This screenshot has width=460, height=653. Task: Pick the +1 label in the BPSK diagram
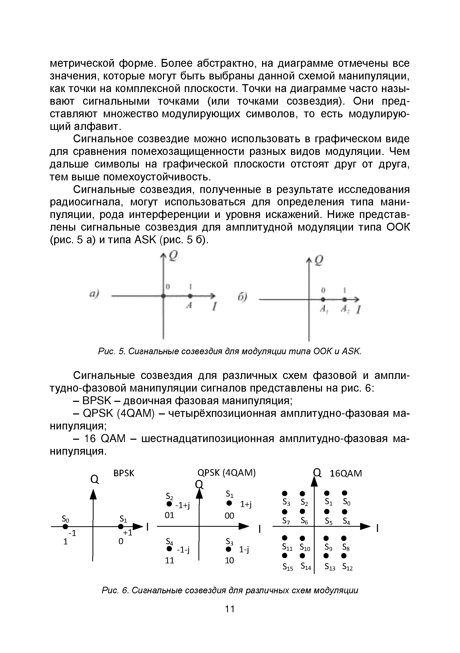127,533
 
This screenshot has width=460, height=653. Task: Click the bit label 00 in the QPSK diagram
229,516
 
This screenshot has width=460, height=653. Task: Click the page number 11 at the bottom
230,609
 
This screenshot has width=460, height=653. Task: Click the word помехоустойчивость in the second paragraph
157,177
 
